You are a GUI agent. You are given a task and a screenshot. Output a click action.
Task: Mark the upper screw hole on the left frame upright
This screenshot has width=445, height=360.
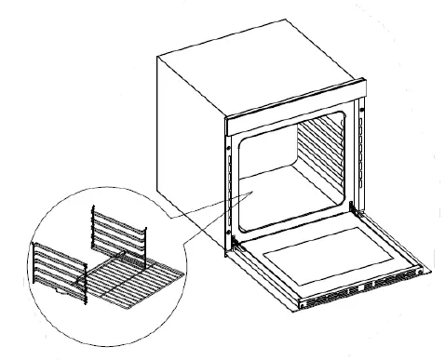click(228, 146)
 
